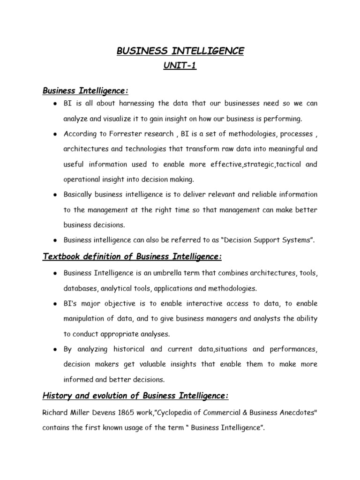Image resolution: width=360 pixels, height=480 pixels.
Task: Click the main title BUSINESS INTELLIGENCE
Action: coord(180,51)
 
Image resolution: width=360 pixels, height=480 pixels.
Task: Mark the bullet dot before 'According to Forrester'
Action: coord(55,134)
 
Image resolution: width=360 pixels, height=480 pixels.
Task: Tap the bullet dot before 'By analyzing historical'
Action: coord(55,350)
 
